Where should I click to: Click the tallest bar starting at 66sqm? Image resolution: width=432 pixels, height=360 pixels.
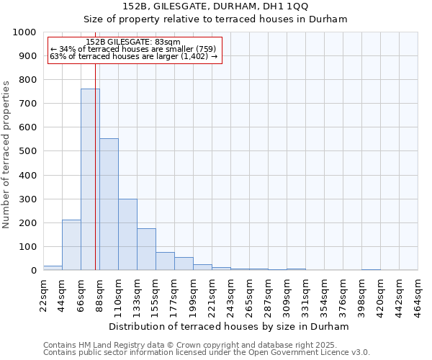(90, 180)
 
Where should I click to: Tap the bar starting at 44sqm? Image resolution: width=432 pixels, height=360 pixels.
(71, 245)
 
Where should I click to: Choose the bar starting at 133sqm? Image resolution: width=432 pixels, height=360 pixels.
(146, 249)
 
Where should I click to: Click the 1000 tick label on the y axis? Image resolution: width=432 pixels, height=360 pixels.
(24, 32)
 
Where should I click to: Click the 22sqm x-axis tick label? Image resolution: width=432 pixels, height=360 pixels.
(43, 292)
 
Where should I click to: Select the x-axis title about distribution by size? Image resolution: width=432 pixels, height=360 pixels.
(229, 326)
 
